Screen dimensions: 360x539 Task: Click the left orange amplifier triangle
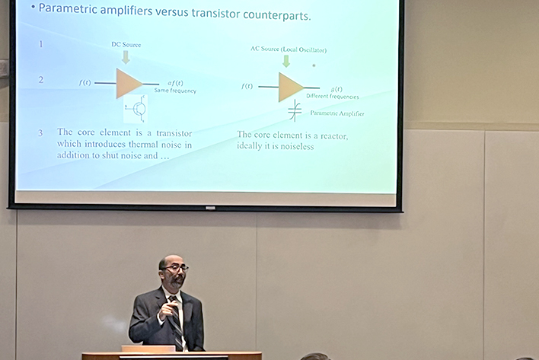tap(127, 83)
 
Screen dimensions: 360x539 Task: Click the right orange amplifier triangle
tap(289, 87)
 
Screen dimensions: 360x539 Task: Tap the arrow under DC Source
tap(126, 56)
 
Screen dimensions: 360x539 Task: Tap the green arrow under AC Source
tap(286, 61)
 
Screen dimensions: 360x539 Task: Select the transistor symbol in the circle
tap(138, 110)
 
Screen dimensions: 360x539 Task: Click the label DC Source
tap(126, 45)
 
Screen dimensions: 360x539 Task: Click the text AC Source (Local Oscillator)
tap(289, 49)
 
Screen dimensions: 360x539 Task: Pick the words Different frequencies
tap(333, 97)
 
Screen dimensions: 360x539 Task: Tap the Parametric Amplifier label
tap(337, 114)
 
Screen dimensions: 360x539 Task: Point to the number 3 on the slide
tap(41, 133)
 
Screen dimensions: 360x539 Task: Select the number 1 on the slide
tap(41, 44)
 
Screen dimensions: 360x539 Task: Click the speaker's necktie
tap(174, 317)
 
